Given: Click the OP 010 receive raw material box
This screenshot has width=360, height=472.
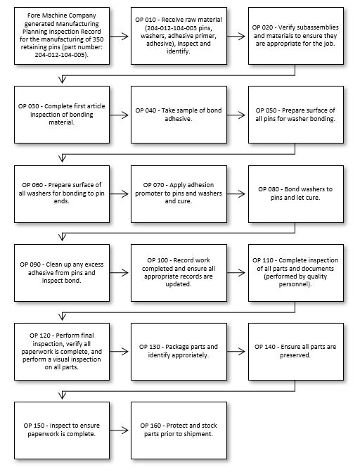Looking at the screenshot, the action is click(x=179, y=36).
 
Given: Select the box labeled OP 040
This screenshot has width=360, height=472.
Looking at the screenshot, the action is click(x=179, y=115).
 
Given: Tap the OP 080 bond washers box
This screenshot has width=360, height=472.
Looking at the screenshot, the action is click(x=295, y=194).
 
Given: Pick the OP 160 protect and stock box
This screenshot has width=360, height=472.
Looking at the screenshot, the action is click(x=179, y=430).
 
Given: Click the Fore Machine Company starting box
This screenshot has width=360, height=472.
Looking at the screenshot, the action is click(x=62, y=36).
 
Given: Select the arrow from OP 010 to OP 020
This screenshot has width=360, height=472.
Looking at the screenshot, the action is click(x=236, y=36).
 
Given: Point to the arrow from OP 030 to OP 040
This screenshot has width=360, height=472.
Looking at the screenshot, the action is click(x=119, y=115).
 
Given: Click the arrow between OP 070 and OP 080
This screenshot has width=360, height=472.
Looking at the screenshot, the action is click(x=236, y=194).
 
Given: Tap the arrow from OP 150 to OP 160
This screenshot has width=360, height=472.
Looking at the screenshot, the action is click(x=119, y=430).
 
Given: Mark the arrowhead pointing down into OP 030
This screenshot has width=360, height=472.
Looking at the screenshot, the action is click(x=63, y=79).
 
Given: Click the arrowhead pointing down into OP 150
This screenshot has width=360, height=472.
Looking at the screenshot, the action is click(x=63, y=395).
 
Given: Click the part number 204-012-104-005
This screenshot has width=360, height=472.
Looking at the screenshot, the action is click(x=60, y=55).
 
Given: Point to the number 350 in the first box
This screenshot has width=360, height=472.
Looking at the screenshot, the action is click(x=98, y=39).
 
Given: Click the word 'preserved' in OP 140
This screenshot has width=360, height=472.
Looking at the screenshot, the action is click(x=295, y=355).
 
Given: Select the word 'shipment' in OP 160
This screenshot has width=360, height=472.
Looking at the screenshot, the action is click(x=199, y=434).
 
